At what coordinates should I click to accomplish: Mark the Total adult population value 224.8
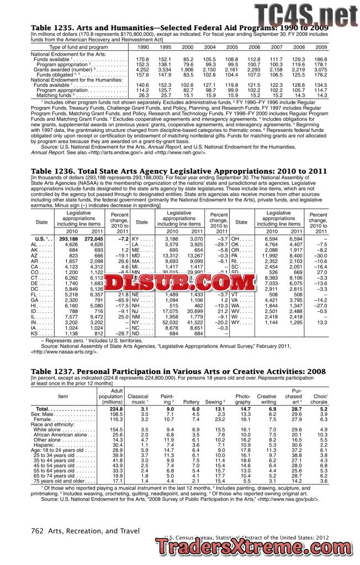[115, 409]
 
